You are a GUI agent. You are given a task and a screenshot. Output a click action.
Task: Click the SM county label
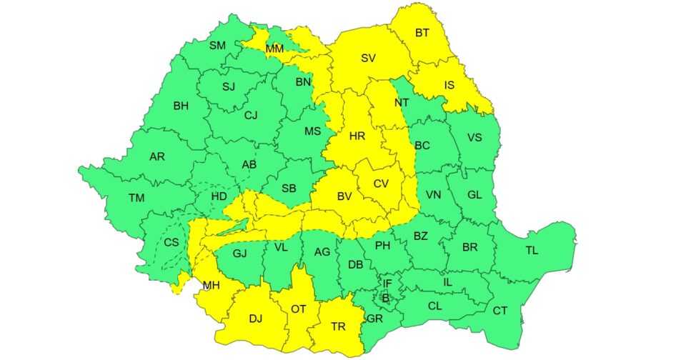coord(217,46)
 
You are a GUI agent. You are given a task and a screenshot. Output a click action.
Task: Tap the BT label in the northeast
coord(422,33)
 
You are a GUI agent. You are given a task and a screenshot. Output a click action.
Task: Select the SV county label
coord(368,59)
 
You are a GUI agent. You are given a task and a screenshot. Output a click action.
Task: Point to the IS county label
coord(449,86)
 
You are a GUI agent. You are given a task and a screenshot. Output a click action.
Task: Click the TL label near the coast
coord(532,250)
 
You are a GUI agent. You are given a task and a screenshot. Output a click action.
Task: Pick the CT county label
coord(499,311)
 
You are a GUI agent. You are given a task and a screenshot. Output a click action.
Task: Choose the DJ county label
coord(255,319)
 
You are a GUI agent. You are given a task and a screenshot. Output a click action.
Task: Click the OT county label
coord(298,309)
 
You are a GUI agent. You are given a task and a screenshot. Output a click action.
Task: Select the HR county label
coord(357,135)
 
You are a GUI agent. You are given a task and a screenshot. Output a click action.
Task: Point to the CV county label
coord(381,184)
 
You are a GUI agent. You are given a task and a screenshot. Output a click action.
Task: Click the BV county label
coord(345,195)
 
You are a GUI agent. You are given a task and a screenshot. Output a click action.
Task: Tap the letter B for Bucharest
coord(386,298)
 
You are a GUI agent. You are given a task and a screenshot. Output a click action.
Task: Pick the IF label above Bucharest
coord(387,284)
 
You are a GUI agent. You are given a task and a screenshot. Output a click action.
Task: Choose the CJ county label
coord(250,115)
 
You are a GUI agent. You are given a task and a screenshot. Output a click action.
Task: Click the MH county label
coord(211,286)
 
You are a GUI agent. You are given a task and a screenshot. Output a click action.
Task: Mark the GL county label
coord(474,194)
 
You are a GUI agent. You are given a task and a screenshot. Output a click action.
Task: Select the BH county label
coord(181,106)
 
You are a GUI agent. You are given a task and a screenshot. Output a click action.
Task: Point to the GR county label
coord(374,319)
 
